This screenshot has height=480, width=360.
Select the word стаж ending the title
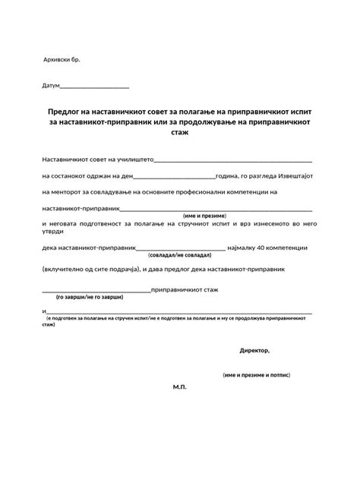179,132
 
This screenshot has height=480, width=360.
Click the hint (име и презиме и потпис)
256,375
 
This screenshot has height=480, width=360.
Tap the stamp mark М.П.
179,387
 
